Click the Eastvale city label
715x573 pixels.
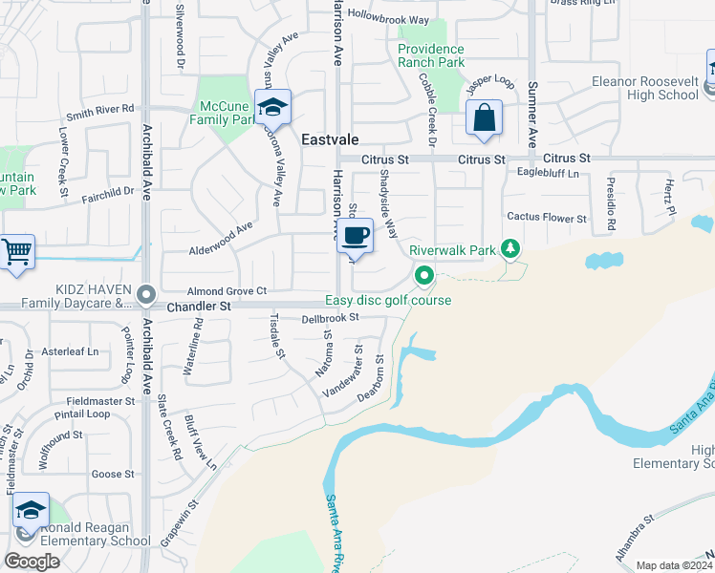pyautogui.click(x=330, y=139)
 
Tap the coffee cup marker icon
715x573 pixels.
pyautogui.click(x=356, y=235)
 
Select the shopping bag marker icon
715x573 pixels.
pyautogui.click(x=485, y=118)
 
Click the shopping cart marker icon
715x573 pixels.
pyautogui.click(x=16, y=252)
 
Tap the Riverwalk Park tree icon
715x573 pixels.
pyautogui.click(x=511, y=250)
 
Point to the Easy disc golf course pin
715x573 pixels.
pyautogui.click(x=424, y=277)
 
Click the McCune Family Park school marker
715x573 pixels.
pyautogui.click(x=272, y=107)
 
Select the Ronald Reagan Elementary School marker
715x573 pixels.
pyautogui.click(x=31, y=511)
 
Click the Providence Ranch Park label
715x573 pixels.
pyautogui.click(x=431, y=55)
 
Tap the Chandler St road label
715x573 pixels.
pyautogui.click(x=199, y=307)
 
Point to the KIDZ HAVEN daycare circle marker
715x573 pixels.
pyautogui.click(x=144, y=294)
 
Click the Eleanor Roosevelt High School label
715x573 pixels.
pyautogui.click(x=645, y=88)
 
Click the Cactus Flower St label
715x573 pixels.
pyautogui.click(x=546, y=218)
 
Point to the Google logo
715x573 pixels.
pyautogui.click(x=32, y=562)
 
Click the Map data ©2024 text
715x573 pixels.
pyautogui.click(x=674, y=565)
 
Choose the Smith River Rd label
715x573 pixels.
pyautogui.click(x=99, y=110)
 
